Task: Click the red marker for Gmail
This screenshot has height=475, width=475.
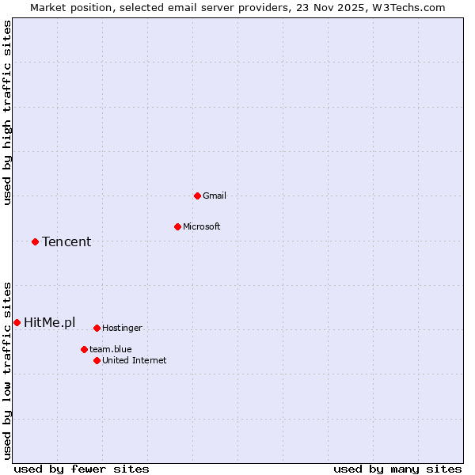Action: coord(197,196)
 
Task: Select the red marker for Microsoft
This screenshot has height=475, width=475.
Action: coord(177,226)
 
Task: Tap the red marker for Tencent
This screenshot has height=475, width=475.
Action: coord(35,241)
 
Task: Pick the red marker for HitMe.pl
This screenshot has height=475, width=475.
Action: coord(17,322)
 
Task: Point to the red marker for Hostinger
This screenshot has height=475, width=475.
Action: coord(97,328)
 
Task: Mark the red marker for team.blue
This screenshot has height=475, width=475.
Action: coord(84,349)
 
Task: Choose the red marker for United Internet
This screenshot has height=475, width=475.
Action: coord(97,360)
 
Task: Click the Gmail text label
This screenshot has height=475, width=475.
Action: coord(215,196)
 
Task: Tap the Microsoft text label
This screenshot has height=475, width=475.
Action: coord(202,226)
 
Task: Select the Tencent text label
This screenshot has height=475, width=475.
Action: coord(66,241)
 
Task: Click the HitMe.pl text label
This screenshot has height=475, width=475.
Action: coord(50,322)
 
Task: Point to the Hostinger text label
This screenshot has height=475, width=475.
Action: coord(122,328)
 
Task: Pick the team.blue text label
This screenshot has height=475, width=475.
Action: coord(111,349)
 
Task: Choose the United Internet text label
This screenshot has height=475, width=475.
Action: coord(135,360)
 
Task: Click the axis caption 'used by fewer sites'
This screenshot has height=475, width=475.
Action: coord(82,469)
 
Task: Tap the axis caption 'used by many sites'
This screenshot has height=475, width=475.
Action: coord(397,469)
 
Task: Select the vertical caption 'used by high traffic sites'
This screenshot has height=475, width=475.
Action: coord(7,112)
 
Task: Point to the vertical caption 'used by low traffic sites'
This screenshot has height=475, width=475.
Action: coord(7,370)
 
